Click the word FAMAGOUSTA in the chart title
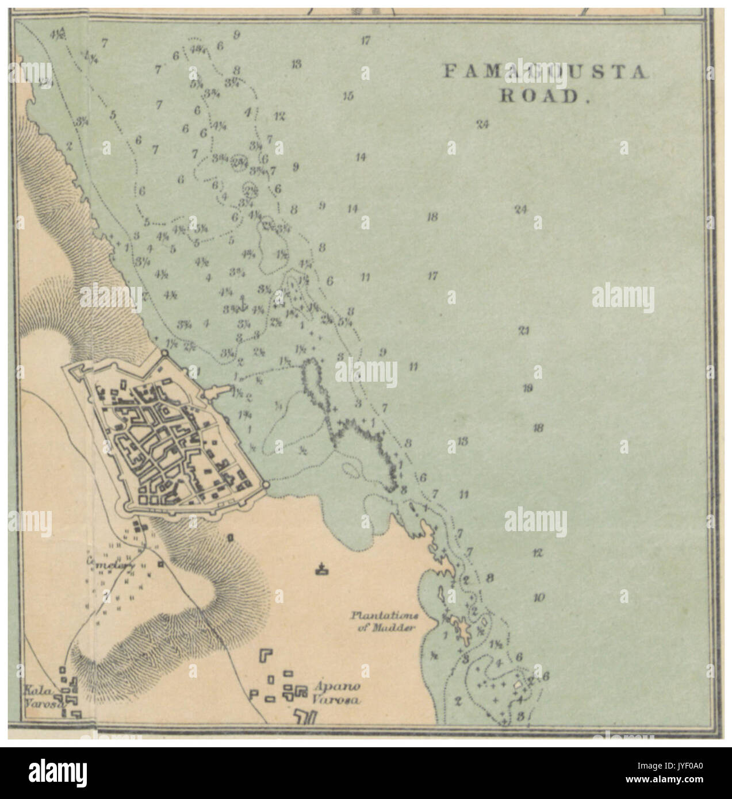pos(545,72)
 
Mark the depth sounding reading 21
pos(523,331)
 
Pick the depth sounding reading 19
pos(528,388)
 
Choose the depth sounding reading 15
pos(347,96)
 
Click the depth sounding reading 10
pos(538,598)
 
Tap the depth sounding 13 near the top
pos(296,64)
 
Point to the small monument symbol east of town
pos(320,570)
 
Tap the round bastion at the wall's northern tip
pos(164,355)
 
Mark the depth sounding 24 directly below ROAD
pos(482,124)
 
